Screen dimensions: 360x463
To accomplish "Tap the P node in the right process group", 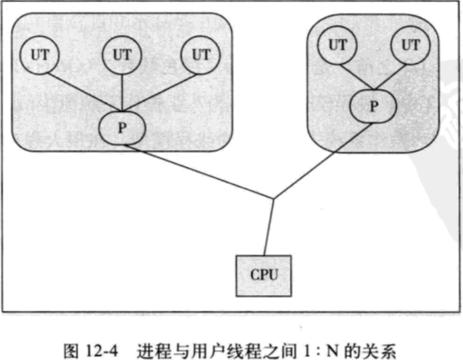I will click(373, 106).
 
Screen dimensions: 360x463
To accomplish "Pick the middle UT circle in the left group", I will click(122, 55).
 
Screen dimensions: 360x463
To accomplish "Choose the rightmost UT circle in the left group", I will click(201, 55).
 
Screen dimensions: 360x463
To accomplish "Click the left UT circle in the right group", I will click(338, 45).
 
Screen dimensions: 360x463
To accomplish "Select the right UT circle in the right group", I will click(409, 45).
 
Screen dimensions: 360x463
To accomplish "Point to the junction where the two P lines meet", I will click(272, 198).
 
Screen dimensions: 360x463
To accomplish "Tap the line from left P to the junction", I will click(201, 171).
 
